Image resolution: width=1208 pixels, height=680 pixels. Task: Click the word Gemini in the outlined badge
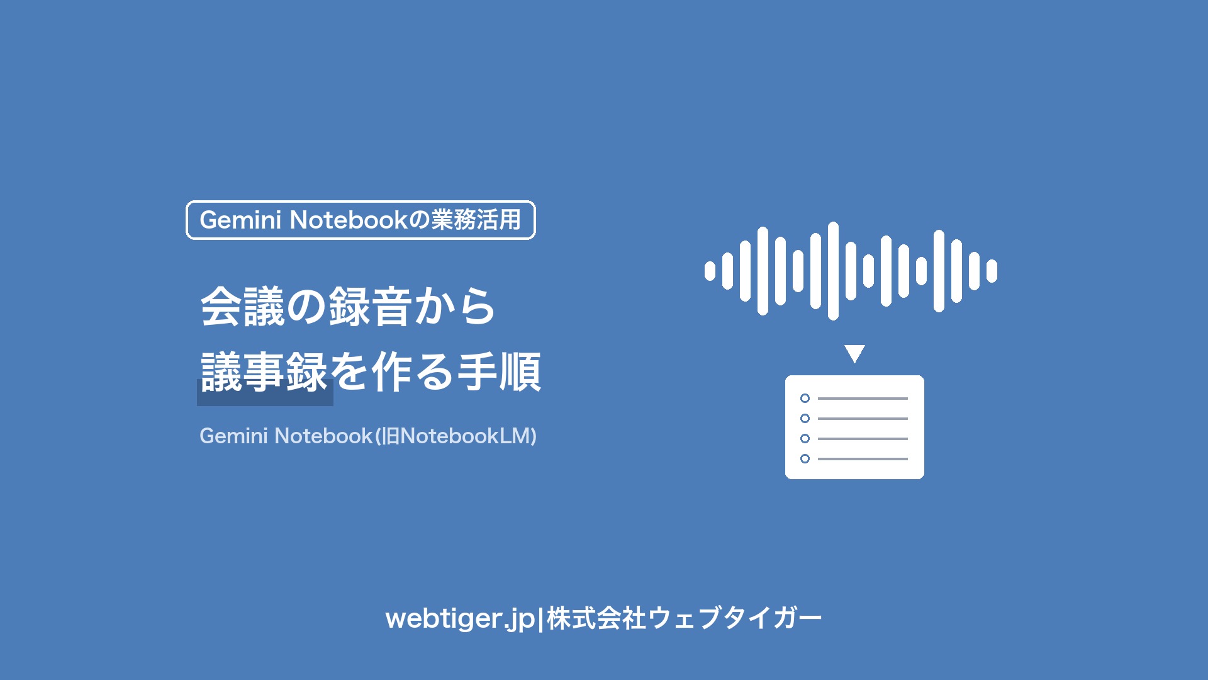240,220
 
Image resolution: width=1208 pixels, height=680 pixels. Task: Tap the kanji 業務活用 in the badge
476,220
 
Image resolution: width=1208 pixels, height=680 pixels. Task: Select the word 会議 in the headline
243,307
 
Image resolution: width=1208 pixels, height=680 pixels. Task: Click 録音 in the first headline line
371,307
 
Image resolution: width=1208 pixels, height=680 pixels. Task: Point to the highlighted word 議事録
264,372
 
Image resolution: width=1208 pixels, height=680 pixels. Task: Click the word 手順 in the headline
500,372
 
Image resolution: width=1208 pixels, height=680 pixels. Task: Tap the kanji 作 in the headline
393,372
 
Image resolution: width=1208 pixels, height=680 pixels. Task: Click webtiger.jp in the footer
460,618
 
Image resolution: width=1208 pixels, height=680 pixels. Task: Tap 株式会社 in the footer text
596,618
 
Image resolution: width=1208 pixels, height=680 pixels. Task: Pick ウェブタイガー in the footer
735,618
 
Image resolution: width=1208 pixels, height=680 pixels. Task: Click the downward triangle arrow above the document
854,353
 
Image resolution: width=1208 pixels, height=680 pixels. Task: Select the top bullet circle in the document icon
805,398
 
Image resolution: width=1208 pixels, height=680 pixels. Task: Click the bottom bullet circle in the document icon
805,458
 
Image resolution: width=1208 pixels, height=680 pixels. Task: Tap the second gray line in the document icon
863,419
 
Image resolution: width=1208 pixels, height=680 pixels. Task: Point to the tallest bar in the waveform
833,271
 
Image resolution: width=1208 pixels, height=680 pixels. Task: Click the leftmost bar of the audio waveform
710,271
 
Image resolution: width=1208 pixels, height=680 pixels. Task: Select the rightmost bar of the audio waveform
992,271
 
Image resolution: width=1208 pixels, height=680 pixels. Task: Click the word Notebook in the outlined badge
349,220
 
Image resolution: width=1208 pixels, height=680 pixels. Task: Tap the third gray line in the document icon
863,439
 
